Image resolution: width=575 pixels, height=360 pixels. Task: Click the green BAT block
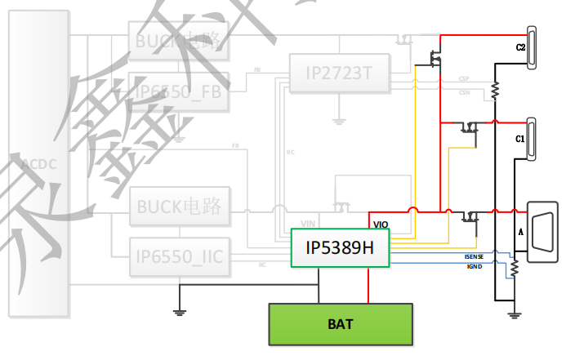(341, 324)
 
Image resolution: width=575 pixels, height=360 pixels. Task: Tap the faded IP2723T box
(339, 73)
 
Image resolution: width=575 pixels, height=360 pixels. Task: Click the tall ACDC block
(38, 164)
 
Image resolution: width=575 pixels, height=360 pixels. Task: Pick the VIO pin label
(381, 224)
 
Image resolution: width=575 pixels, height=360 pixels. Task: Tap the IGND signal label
(474, 266)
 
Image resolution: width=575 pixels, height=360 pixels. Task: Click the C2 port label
(520, 47)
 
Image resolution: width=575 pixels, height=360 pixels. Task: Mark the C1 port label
(519, 140)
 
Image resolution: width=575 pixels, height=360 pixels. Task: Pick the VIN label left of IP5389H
(308, 223)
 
